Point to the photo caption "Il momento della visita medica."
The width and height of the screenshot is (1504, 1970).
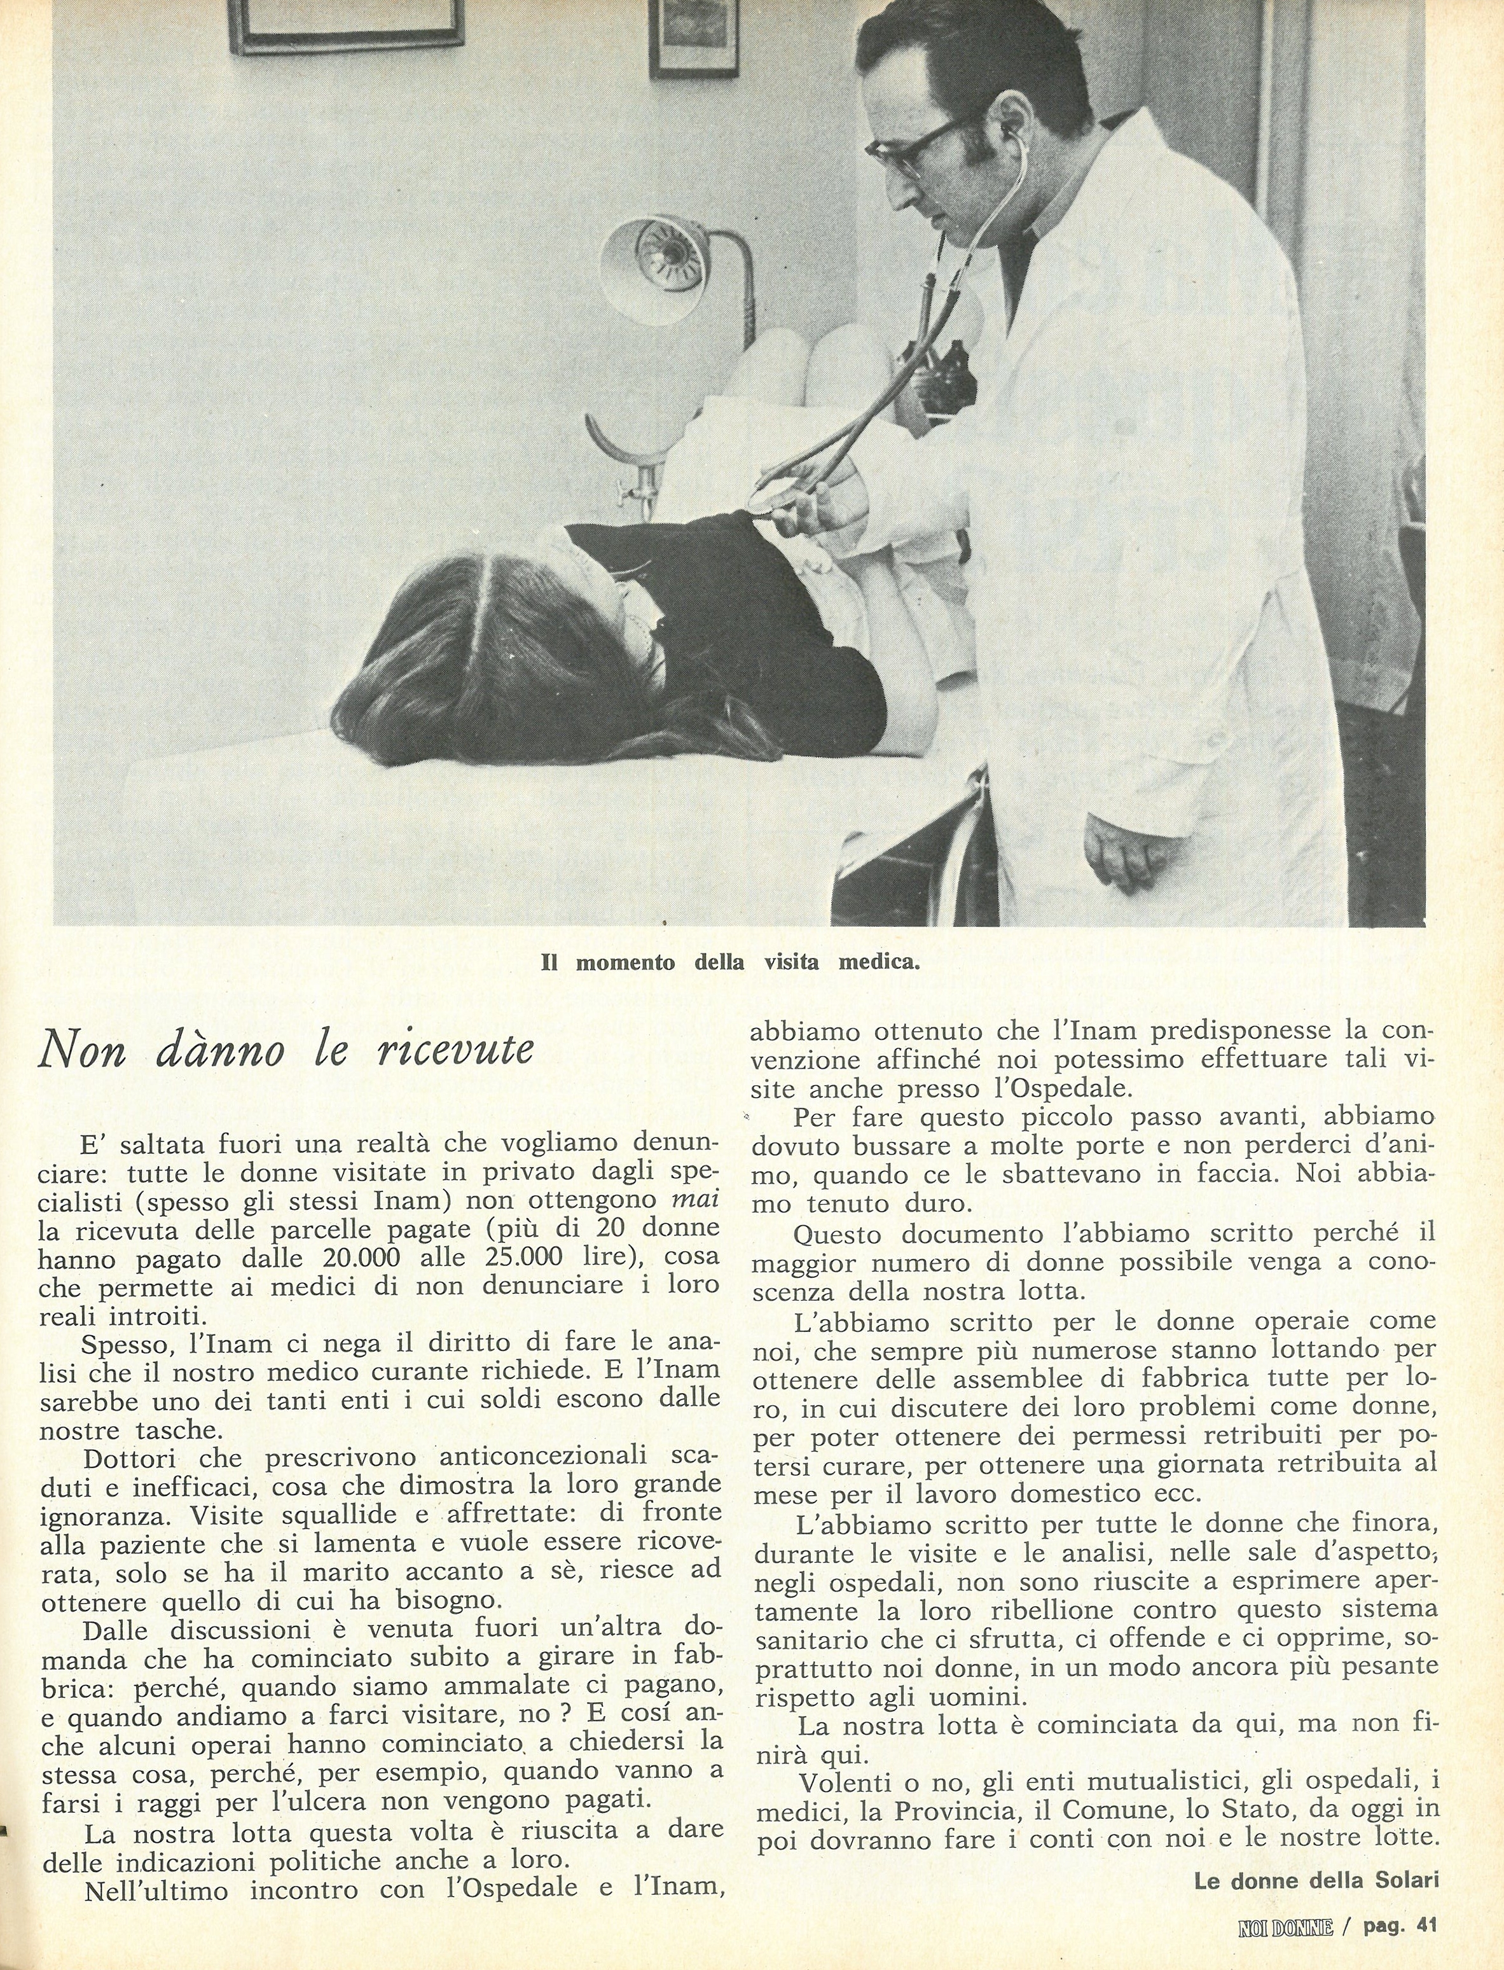coord(731,964)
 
